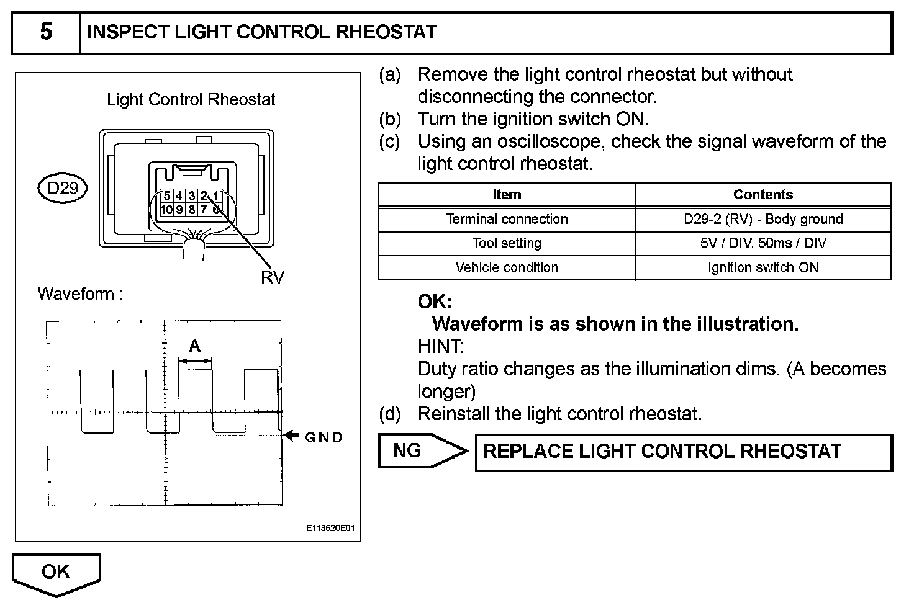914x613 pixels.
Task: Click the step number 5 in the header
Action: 46,32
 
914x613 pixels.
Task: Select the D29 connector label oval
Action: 63,187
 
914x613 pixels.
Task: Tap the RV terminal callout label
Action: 272,277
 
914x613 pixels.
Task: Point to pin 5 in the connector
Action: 167,197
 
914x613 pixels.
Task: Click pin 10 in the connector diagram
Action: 166,210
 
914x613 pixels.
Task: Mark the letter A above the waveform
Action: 195,346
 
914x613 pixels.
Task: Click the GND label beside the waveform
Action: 324,437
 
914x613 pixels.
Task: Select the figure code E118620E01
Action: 330,528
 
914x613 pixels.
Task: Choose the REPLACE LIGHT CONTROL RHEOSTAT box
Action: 683,452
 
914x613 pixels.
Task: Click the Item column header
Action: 507,195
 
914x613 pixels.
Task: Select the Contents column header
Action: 763,195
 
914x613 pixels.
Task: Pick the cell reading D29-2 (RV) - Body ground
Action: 763,219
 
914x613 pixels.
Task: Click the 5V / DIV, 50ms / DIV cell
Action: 763,243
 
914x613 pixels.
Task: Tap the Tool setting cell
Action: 507,243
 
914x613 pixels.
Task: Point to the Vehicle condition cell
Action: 507,267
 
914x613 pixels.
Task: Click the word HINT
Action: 440,346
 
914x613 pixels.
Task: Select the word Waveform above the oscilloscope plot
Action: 76,293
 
